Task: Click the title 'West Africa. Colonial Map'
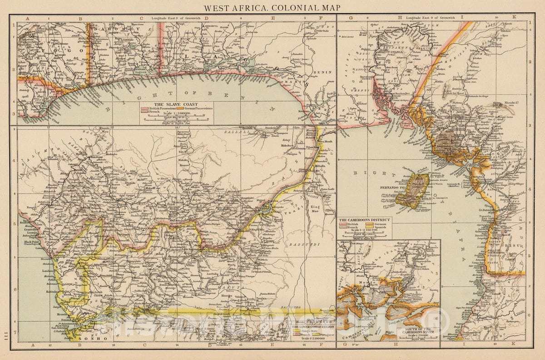[272, 8]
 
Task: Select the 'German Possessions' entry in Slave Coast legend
[198, 109]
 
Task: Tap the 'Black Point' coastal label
[27, 242]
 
